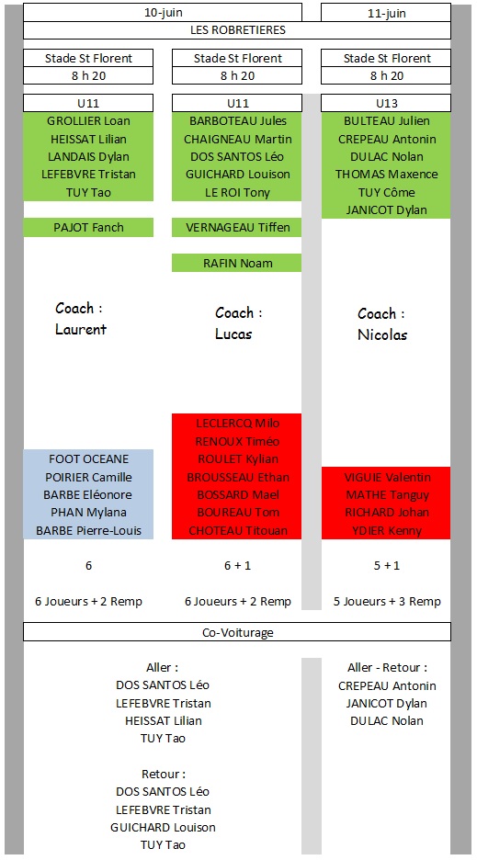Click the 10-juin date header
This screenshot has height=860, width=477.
(163, 13)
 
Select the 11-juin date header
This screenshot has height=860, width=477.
(386, 14)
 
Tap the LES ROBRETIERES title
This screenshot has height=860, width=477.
(238, 29)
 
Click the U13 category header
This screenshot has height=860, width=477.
(386, 103)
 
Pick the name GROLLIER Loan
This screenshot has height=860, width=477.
(88, 121)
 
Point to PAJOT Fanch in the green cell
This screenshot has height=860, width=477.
(88, 227)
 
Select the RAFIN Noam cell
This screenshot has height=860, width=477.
(237, 263)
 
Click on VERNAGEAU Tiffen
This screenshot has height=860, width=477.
(238, 227)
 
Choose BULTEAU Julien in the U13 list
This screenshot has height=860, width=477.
(386, 121)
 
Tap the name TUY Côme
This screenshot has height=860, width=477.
(386, 193)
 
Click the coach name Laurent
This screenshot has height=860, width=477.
(81, 329)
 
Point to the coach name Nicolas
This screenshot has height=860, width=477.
(382, 334)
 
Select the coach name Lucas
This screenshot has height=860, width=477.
(233, 334)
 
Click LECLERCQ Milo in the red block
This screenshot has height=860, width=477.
(238, 424)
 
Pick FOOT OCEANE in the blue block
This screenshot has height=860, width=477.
(88, 459)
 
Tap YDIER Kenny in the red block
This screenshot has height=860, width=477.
(386, 531)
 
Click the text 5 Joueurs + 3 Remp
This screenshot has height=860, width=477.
(387, 602)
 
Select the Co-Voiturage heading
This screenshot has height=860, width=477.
(238, 632)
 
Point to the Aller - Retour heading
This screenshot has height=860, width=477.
(387, 667)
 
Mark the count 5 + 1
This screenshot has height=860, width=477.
(386, 565)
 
